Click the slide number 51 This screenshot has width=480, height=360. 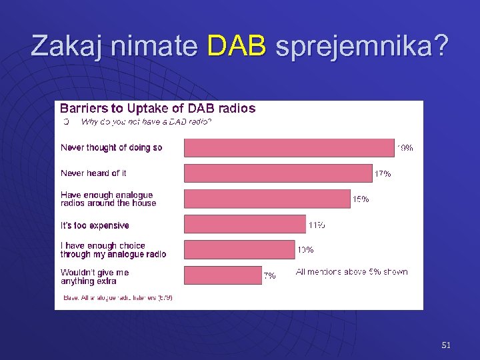point(446,345)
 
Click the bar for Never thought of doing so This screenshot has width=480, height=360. point(289,147)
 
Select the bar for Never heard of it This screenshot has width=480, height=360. point(278,173)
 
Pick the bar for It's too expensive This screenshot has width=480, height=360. point(245,225)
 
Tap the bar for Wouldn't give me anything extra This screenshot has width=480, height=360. point(223,275)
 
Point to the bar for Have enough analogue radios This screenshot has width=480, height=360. point(267,199)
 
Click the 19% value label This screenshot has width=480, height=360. point(405,148)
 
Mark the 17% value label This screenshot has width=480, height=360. point(383,174)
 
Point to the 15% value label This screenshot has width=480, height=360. point(361,199)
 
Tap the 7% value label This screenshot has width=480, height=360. point(269,276)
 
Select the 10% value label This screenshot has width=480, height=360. point(305,251)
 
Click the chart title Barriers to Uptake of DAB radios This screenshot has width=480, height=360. point(157,108)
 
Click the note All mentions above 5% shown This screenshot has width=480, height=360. point(351,272)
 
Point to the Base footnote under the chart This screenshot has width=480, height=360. point(118,298)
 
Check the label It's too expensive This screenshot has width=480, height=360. point(95,225)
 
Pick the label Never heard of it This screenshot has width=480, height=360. point(93,173)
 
